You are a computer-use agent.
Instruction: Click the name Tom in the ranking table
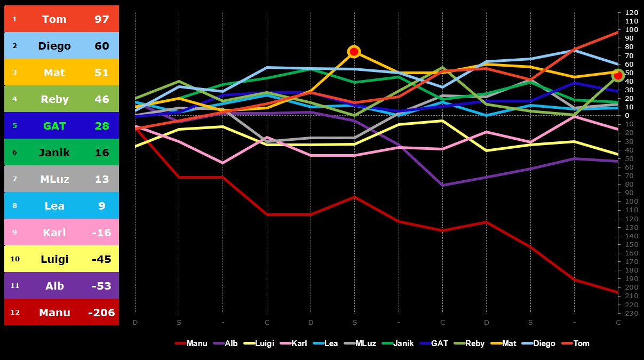(54, 19)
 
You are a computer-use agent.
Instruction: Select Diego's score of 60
(102, 46)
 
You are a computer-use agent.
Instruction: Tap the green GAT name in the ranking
(54, 126)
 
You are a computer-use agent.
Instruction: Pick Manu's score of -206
(102, 313)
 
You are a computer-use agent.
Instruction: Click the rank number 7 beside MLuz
(15, 179)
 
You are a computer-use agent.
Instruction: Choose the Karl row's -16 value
(102, 233)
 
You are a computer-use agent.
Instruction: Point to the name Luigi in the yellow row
(54, 259)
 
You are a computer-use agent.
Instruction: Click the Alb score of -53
(102, 286)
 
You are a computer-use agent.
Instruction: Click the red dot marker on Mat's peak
(354, 52)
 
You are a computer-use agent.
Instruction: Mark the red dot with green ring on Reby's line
(618, 76)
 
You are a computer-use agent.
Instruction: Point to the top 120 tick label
(631, 12)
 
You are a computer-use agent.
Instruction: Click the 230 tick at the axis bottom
(631, 313)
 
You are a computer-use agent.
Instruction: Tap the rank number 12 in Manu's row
(15, 313)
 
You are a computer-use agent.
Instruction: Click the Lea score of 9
(102, 206)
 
